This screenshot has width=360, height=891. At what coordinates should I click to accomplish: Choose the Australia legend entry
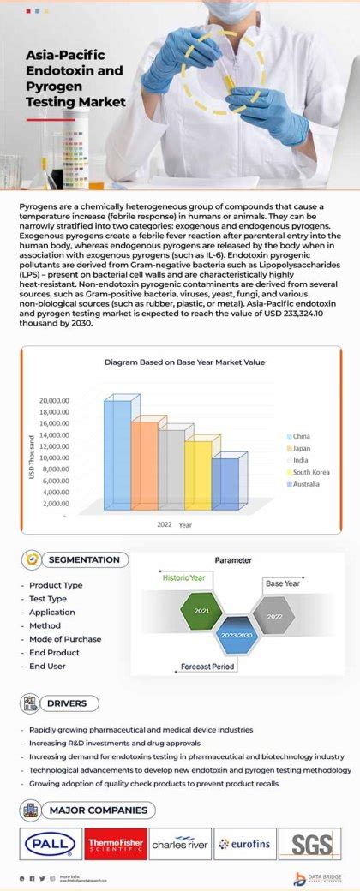tap(305, 484)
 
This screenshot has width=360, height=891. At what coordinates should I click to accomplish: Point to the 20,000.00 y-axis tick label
tap(54, 400)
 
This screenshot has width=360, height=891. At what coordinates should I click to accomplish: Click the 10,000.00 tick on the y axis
tap(54, 457)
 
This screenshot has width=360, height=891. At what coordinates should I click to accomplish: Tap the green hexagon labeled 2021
tap(201, 610)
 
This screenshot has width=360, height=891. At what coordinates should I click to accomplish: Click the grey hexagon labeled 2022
tap(274, 615)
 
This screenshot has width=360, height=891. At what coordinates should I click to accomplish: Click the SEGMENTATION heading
tap(84, 559)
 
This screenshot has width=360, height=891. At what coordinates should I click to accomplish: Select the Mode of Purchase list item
tap(65, 638)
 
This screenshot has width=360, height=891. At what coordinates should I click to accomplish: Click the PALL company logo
tap(50, 844)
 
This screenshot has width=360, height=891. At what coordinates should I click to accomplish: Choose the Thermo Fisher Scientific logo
tap(115, 844)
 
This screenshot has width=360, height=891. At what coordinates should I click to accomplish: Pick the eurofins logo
tap(245, 844)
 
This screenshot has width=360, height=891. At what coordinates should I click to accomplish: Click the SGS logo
tap(310, 844)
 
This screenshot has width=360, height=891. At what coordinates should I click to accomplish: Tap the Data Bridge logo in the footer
tap(320, 878)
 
